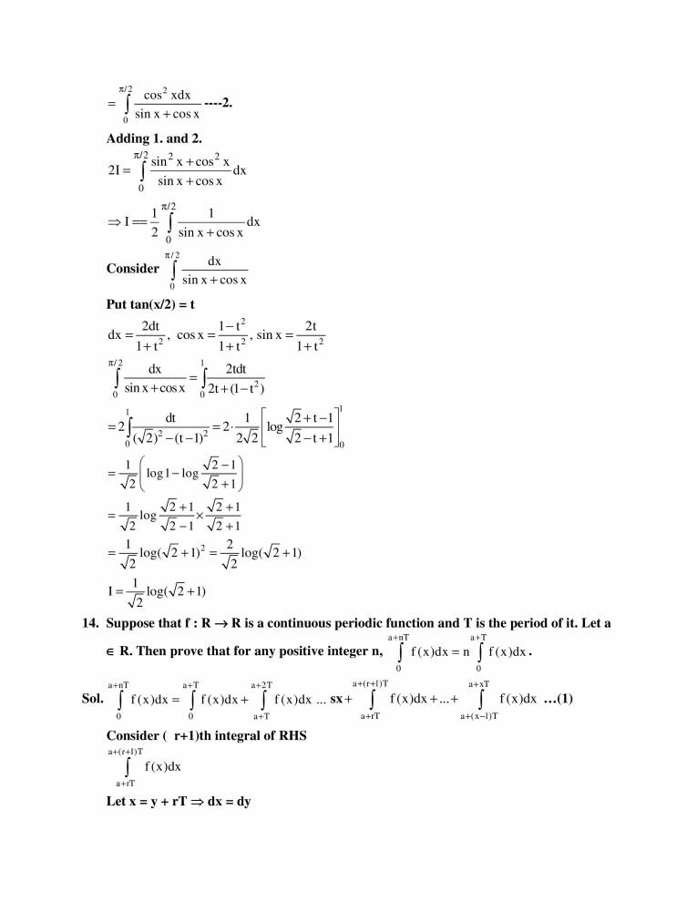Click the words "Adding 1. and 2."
(154, 138)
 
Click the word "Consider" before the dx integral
(133, 269)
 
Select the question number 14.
(90, 623)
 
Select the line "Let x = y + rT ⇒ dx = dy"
(179, 802)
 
